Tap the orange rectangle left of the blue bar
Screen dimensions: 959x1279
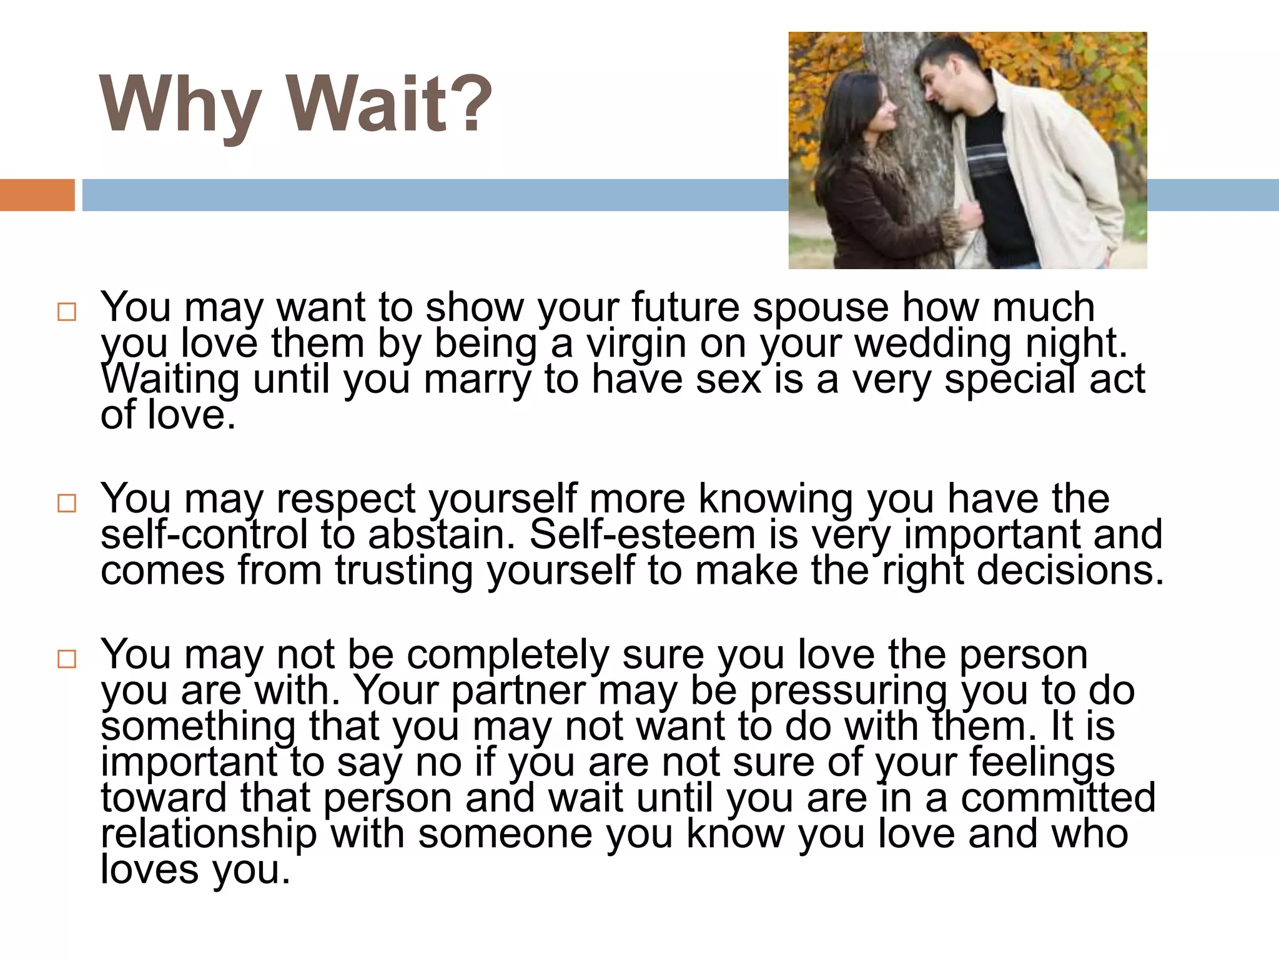(37, 195)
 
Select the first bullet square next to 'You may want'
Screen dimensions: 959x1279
(66, 312)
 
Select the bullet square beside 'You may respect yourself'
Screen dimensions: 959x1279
(66, 503)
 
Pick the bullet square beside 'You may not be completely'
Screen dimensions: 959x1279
(66, 659)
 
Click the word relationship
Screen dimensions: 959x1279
(209, 835)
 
